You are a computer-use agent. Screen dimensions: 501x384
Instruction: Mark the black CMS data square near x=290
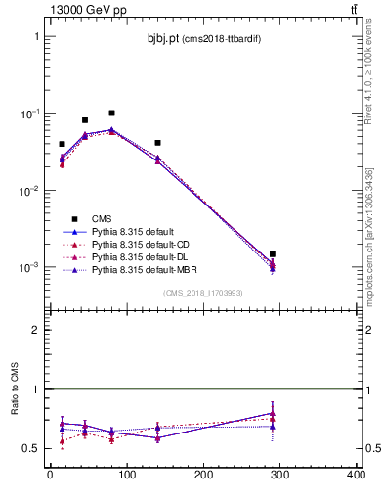tap(273, 254)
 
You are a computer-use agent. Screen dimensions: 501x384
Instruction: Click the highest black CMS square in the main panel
tap(111, 114)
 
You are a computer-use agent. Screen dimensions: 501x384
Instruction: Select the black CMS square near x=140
tap(157, 143)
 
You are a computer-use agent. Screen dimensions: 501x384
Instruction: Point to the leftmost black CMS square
tap(62, 144)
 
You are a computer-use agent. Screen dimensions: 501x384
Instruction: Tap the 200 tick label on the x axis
tap(203, 476)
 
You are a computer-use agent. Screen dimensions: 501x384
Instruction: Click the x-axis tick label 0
tap(50, 476)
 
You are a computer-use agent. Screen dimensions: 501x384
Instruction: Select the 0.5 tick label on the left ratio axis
tap(32, 448)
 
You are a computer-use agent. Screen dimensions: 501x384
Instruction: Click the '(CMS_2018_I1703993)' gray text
tap(202, 292)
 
